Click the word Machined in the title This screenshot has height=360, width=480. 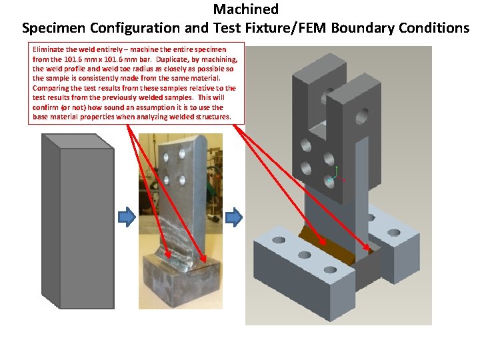(x=245, y=9)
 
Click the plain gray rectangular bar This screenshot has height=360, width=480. (x=78, y=220)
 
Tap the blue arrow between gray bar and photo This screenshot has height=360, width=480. (x=126, y=217)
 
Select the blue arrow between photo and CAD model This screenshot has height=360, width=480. (x=233, y=217)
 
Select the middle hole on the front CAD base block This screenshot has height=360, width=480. (x=305, y=255)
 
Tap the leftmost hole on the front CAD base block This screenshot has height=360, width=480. (x=279, y=240)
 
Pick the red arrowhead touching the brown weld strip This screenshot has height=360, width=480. (x=325, y=243)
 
